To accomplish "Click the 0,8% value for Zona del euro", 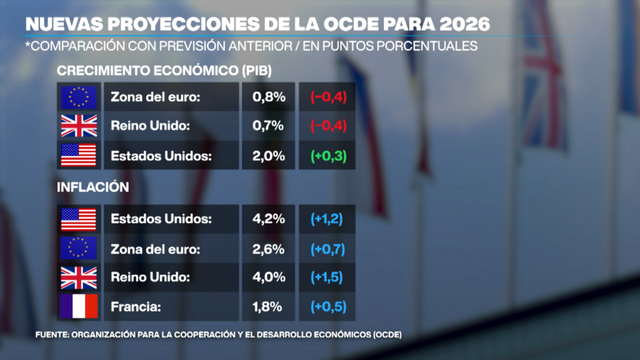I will click(x=268, y=97).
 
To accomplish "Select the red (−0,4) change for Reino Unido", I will click(x=328, y=125).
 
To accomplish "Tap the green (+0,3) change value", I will click(x=328, y=155).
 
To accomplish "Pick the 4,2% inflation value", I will click(x=268, y=219).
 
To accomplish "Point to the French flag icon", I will click(x=79, y=306).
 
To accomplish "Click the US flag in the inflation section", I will click(x=79, y=219).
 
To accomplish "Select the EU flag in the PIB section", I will click(x=79, y=97).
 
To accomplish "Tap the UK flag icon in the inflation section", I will click(x=79, y=277).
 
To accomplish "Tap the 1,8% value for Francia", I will click(x=268, y=306).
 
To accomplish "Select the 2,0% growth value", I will click(x=268, y=155).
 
